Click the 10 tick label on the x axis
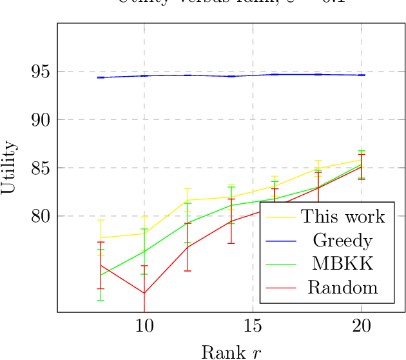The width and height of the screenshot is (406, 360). tap(144, 326)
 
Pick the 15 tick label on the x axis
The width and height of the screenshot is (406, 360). tap(253, 326)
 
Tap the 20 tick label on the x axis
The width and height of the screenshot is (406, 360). tap(362, 326)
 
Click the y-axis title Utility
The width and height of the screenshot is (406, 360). tap(9, 168)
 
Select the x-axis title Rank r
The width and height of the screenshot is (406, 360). tap(231, 352)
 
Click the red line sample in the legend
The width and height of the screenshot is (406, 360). tap(280, 287)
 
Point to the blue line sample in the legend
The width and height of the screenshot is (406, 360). tap(280, 240)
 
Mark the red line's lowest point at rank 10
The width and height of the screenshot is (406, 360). tap(144, 294)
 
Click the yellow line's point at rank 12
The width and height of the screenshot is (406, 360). tap(188, 200)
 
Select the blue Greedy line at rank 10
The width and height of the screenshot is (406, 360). tap(144, 75)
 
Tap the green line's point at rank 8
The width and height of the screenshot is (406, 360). tap(101, 275)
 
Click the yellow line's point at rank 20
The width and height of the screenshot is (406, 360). tap(362, 159)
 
